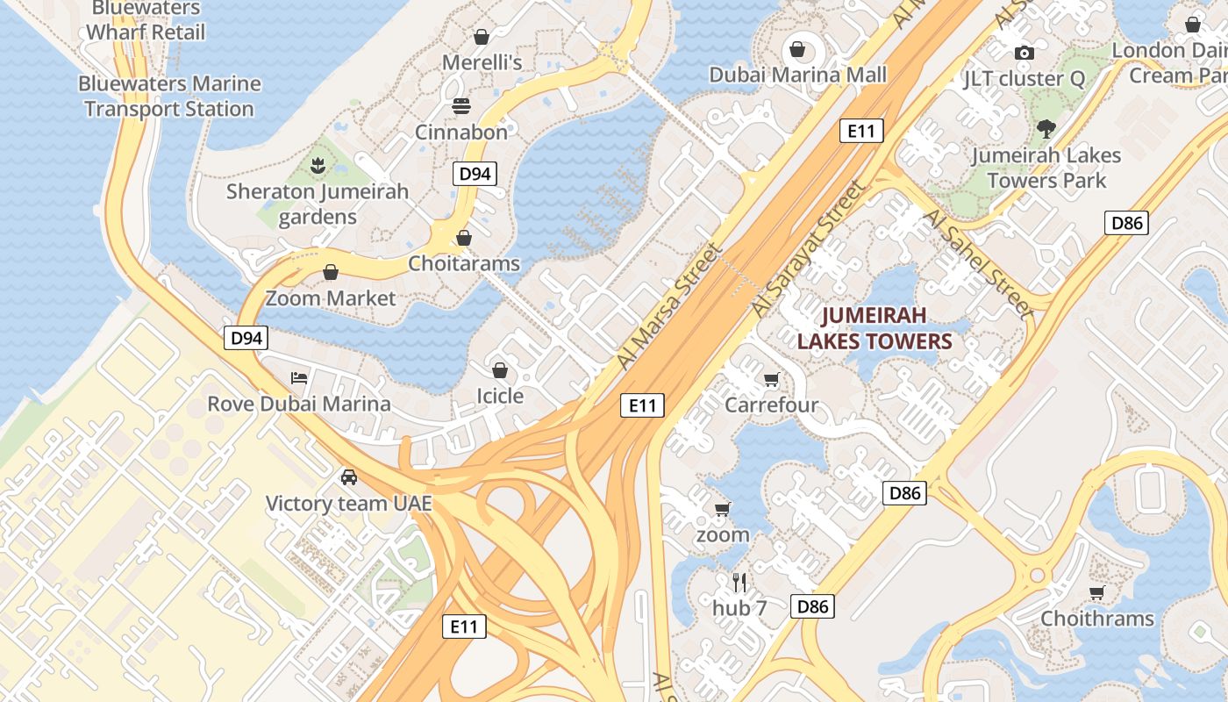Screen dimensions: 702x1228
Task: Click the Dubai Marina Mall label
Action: pos(797,75)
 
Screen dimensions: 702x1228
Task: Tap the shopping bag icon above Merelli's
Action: pos(481,37)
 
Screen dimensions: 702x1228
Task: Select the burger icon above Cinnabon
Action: pos(461,106)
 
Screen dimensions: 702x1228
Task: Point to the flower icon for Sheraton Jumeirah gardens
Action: pos(317,164)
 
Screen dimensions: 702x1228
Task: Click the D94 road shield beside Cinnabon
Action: pos(475,174)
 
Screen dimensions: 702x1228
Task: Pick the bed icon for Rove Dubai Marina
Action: pos(299,378)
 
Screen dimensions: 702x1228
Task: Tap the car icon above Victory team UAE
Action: pos(349,477)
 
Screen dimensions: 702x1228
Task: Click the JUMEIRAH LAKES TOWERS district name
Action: pos(874,328)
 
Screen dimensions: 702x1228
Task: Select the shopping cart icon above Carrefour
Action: pos(771,380)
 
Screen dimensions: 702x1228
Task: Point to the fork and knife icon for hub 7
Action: pos(739,582)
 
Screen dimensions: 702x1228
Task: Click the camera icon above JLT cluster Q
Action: pos(1023,53)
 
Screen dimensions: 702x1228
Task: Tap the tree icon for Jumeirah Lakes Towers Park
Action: pos(1046,130)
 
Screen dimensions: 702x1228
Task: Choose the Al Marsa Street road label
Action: pos(668,306)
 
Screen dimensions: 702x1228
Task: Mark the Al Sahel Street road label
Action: pos(976,261)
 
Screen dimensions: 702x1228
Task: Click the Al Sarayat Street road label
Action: pos(808,251)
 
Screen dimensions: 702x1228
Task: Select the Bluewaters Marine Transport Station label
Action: pos(169,97)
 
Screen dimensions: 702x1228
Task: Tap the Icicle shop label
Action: pos(500,396)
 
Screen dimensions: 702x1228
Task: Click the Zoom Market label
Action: pos(331,298)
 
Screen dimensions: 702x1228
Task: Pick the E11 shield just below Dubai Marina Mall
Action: pos(861,132)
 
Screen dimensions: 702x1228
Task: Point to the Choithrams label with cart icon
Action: pos(1096,619)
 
